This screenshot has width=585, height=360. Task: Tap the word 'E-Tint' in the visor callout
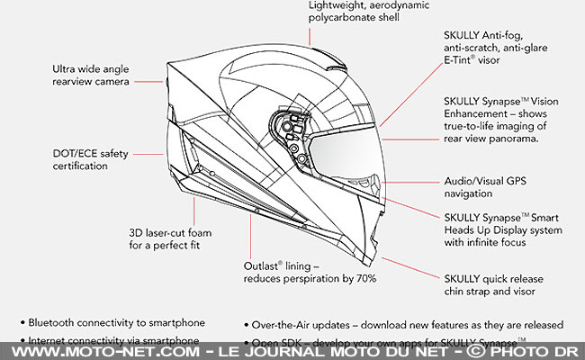click(461, 60)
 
